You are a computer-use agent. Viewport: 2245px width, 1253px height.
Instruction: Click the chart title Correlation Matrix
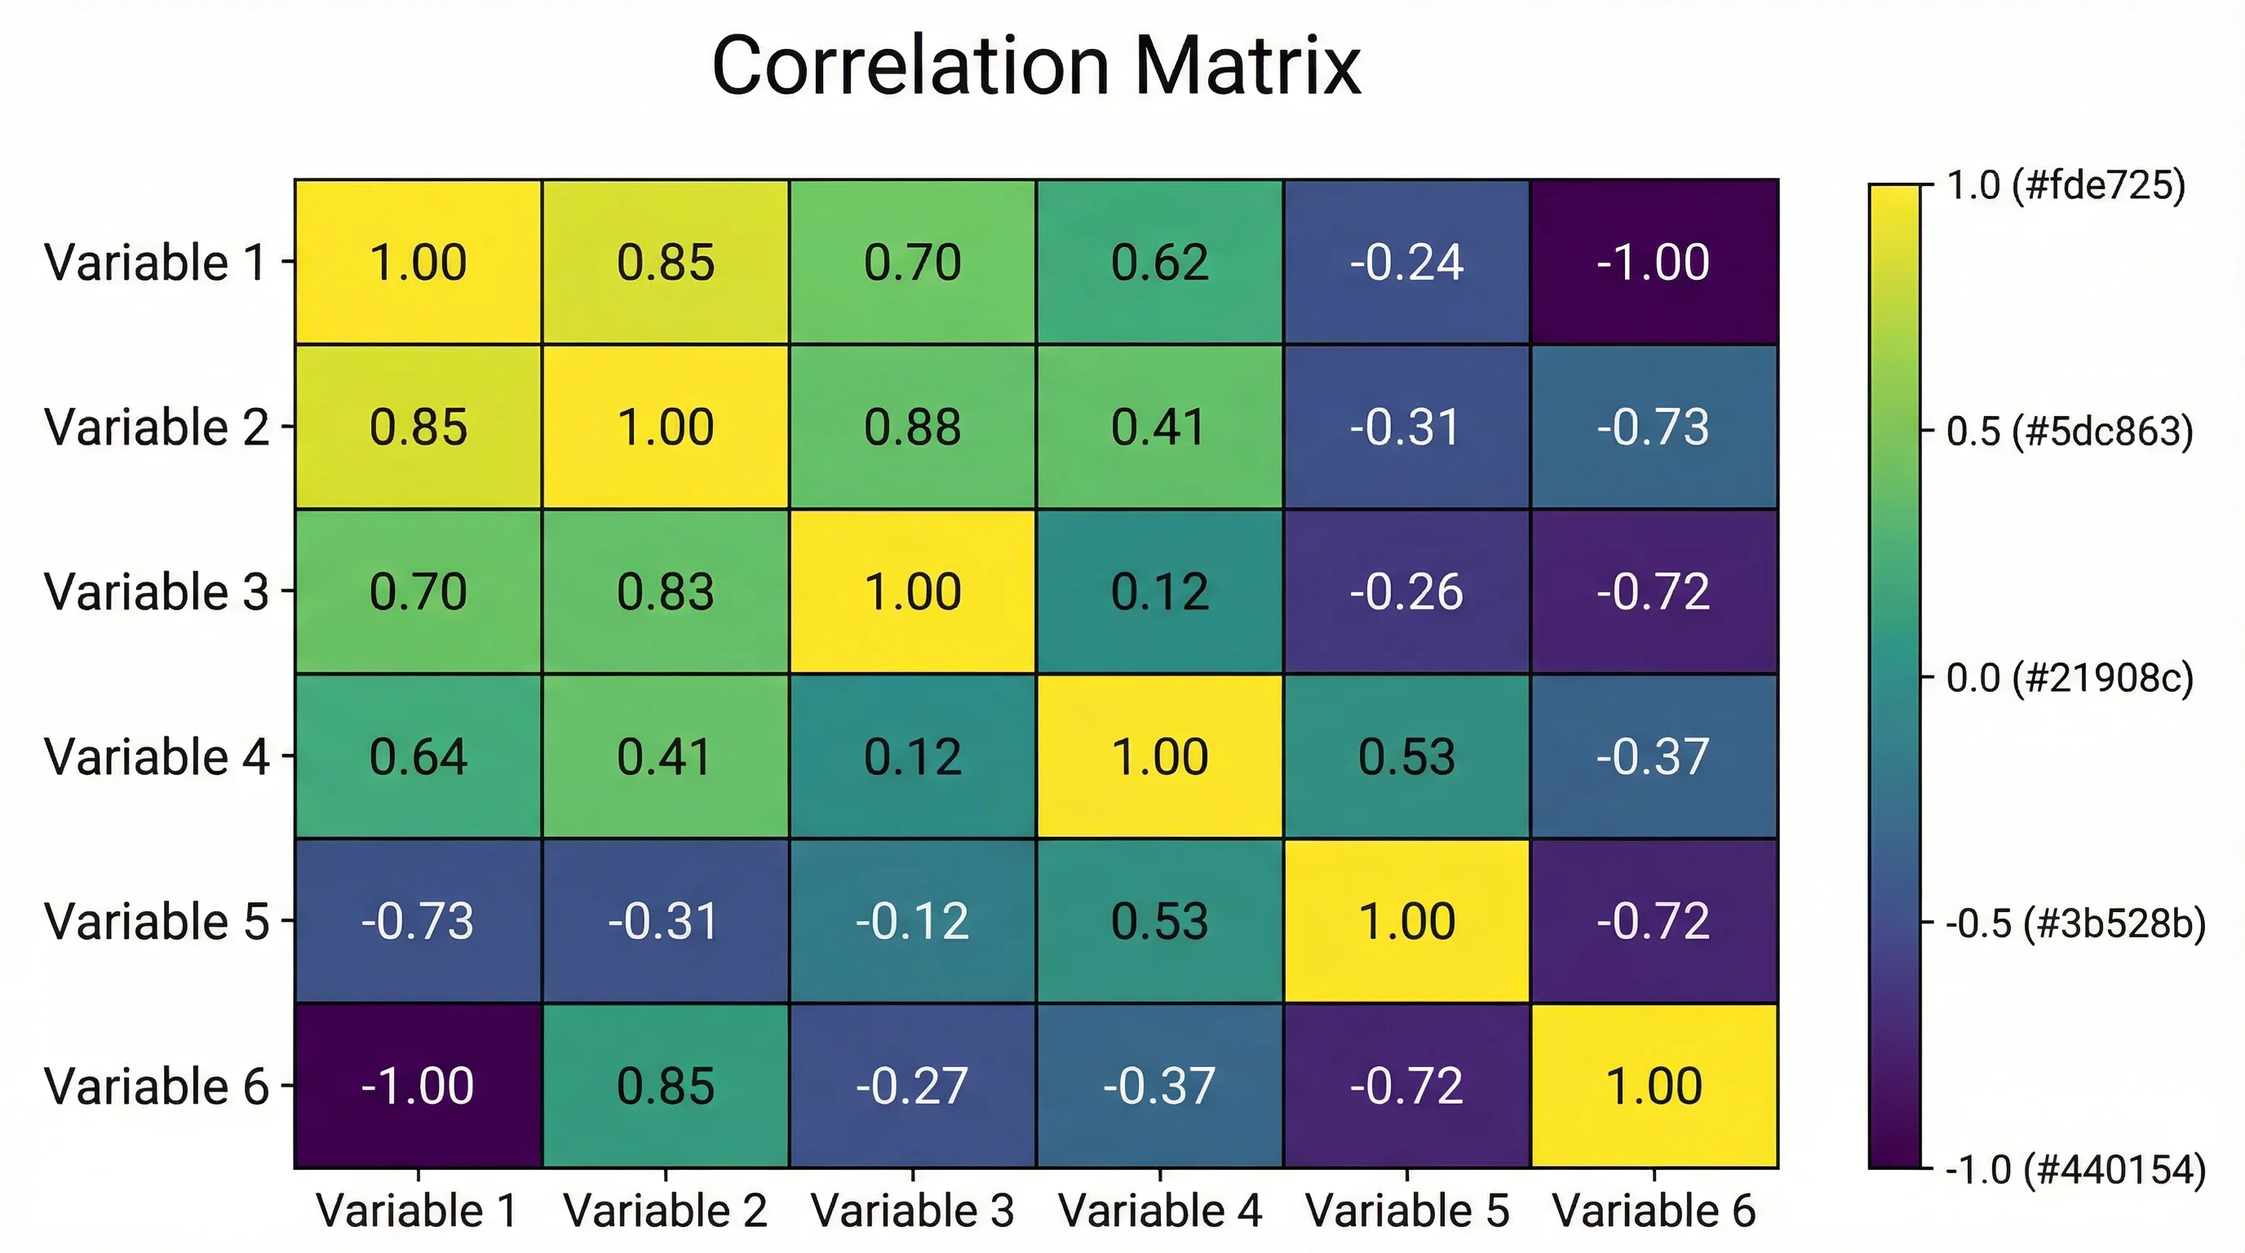pos(1035,66)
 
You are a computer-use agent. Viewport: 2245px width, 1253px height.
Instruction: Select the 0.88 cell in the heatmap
pos(913,427)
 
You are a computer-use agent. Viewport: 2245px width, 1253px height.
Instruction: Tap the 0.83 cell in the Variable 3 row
pos(665,591)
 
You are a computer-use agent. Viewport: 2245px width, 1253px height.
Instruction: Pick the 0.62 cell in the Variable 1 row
pos(1159,263)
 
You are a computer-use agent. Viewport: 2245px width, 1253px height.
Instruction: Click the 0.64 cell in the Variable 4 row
pos(418,756)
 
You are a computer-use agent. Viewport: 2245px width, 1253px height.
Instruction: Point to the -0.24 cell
pos(1406,263)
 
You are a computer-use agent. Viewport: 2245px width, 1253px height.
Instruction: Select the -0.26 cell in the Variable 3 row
pos(1406,591)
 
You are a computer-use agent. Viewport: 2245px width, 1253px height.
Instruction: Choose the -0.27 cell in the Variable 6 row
pos(913,1086)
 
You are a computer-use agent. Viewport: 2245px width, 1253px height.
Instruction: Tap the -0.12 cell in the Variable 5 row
pos(913,921)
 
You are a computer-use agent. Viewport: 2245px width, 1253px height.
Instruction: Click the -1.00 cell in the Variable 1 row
pos(1654,263)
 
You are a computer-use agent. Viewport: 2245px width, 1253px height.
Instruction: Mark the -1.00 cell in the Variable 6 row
pos(418,1086)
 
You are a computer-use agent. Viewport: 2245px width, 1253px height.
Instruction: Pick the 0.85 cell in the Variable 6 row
pos(665,1086)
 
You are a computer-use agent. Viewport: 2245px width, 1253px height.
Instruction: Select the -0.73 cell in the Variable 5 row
pos(418,921)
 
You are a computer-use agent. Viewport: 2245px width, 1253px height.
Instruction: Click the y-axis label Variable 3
pos(157,591)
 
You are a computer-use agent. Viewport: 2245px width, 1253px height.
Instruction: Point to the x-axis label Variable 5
pos(1406,1211)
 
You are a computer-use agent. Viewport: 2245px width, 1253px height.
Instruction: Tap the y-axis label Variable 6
pos(157,1087)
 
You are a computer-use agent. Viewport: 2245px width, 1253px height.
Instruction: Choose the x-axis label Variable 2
pos(665,1211)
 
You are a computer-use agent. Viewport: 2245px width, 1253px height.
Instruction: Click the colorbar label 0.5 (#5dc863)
pos(2069,432)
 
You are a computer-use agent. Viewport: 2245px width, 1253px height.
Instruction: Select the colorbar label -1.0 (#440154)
pos(2075,1169)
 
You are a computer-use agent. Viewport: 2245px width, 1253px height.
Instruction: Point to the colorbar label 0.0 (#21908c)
pos(2069,677)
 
